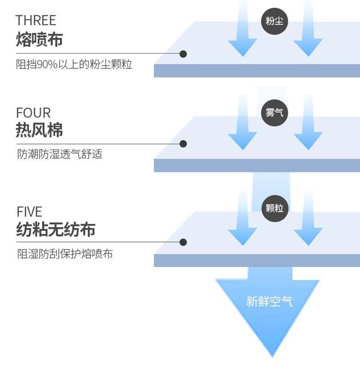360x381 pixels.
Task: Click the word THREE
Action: pyautogui.click(x=36, y=20)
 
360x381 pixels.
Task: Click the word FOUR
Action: pyautogui.click(x=34, y=113)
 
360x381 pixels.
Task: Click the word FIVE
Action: pyautogui.click(x=29, y=211)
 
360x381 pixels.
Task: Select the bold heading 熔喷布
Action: pyautogui.click(x=40, y=40)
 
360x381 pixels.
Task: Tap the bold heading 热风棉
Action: pyautogui.click(x=40, y=130)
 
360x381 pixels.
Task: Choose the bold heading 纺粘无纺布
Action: pyautogui.click(x=56, y=229)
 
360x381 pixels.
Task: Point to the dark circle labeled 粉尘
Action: pyautogui.click(x=274, y=21)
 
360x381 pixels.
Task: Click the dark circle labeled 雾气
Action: pyautogui.click(x=274, y=113)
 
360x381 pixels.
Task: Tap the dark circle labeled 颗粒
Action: pyautogui.click(x=274, y=208)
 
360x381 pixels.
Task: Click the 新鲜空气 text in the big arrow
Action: pyautogui.click(x=270, y=301)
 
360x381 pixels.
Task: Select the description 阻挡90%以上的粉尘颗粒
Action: pyautogui.click(x=74, y=65)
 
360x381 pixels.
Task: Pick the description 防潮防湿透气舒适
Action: pyautogui.click(x=60, y=154)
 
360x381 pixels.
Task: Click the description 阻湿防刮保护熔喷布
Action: pyautogui.click(x=65, y=254)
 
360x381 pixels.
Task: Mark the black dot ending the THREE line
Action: pyautogui.click(x=183, y=54)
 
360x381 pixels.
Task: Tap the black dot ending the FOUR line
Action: pyautogui.click(x=183, y=144)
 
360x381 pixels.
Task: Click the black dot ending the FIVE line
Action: pyautogui.click(x=183, y=242)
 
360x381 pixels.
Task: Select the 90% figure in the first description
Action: pyautogui.click(x=47, y=65)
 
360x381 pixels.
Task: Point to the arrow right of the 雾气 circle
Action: pyautogui.click(x=308, y=122)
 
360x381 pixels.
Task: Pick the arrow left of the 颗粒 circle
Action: pyautogui.click(x=243, y=218)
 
